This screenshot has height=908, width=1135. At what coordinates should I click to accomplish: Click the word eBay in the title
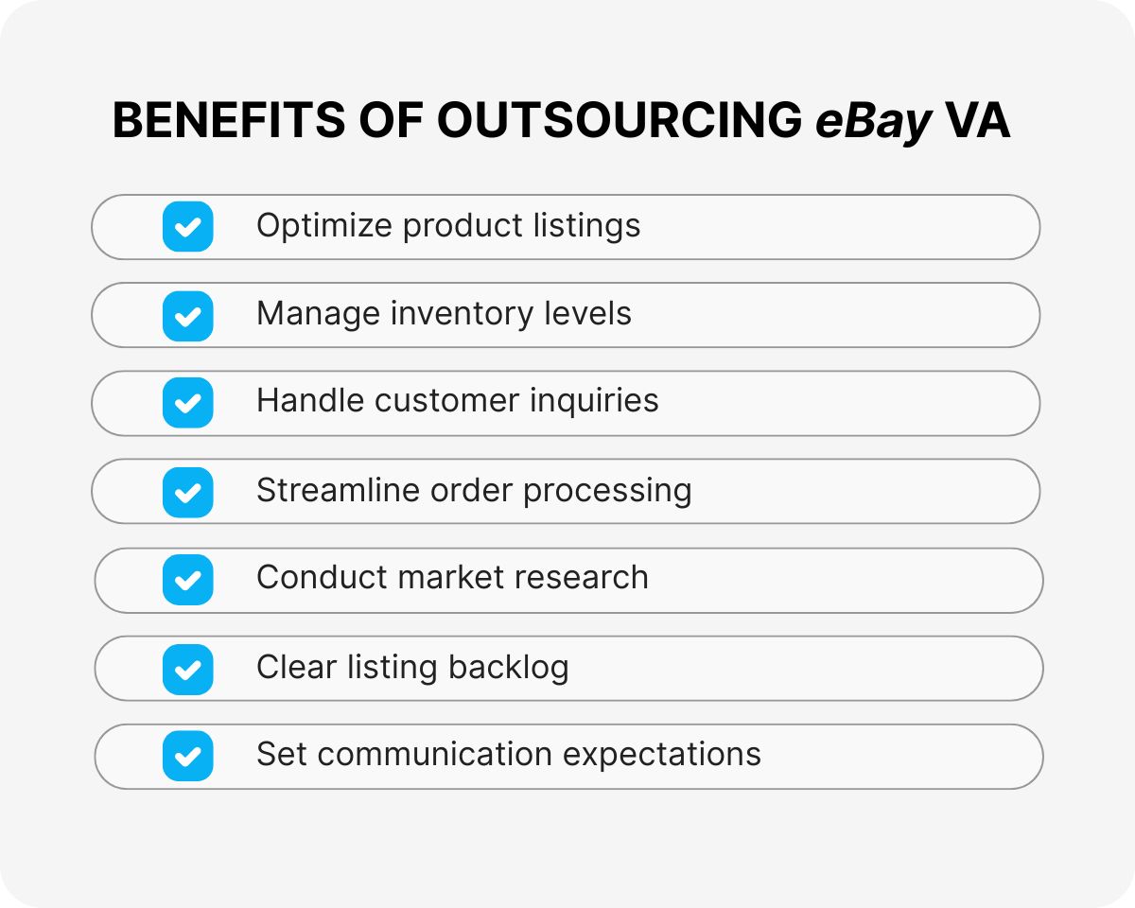[x=874, y=122]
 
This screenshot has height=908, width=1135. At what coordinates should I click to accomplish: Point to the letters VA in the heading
[x=978, y=122]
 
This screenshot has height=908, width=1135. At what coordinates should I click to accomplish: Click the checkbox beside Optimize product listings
[x=188, y=227]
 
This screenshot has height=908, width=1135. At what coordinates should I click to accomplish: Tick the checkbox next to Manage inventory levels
[x=188, y=315]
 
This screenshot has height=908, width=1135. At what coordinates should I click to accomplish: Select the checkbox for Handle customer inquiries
[x=188, y=403]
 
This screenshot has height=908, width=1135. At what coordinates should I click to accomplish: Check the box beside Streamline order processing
[x=188, y=492]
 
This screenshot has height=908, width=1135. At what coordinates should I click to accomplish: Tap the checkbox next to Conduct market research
[x=188, y=580]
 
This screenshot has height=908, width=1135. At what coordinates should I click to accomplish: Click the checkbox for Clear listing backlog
[x=188, y=668]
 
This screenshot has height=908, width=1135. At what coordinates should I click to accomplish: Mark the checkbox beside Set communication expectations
[x=188, y=756]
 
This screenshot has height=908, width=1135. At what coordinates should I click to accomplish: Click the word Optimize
[x=323, y=227]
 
